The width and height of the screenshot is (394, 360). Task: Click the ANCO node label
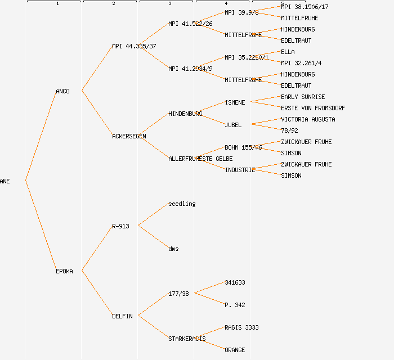point(62,91)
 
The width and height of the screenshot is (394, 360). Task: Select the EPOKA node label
point(64,271)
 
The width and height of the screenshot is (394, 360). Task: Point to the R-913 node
point(120,226)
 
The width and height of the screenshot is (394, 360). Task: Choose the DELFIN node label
point(122,316)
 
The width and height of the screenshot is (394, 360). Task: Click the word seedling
point(182,204)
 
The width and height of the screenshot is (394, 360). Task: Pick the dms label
point(173,249)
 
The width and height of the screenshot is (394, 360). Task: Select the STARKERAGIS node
point(187,339)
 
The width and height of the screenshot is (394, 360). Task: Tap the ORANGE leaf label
point(235,350)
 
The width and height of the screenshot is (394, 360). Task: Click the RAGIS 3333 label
point(241,327)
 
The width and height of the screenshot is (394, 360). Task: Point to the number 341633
point(235,282)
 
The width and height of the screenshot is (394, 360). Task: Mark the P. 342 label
point(235,305)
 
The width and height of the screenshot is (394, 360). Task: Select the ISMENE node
point(235,102)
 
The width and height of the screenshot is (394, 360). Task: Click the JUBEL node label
point(233,125)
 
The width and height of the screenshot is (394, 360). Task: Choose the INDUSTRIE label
point(240,170)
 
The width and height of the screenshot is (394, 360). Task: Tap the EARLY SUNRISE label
point(303,97)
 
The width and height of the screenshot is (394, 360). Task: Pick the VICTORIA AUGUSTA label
point(308,119)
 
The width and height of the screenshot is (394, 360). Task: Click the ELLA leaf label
point(288,52)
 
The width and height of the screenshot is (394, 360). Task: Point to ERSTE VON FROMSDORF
point(313,108)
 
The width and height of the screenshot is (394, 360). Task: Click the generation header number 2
point(113,4)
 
